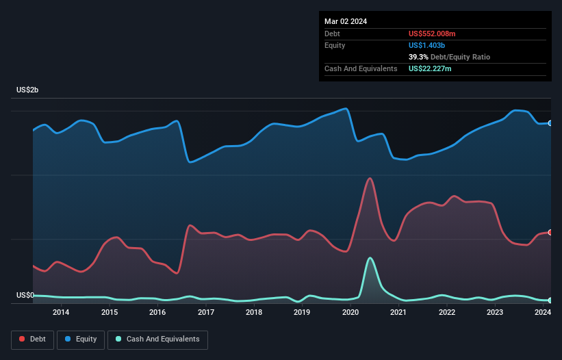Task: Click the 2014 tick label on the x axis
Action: tap(61, 313)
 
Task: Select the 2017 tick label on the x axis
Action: tap(205, 313)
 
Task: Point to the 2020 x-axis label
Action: tap(350, 313)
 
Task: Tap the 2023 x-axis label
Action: tap(495, 313)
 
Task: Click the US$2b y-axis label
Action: tap(30, 91)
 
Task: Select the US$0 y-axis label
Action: tap(25, 296)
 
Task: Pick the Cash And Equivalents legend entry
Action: tap(157, 339)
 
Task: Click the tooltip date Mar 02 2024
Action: tap(346, 21)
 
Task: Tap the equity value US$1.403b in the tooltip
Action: tap(429, 45)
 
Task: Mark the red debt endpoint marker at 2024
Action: tap(550, 233)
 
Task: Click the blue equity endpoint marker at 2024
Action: tap(550, 123)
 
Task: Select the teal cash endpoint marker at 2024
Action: tap(550, 300)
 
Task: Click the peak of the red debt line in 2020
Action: tap(370, 178)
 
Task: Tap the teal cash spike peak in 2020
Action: tap(370, 258)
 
